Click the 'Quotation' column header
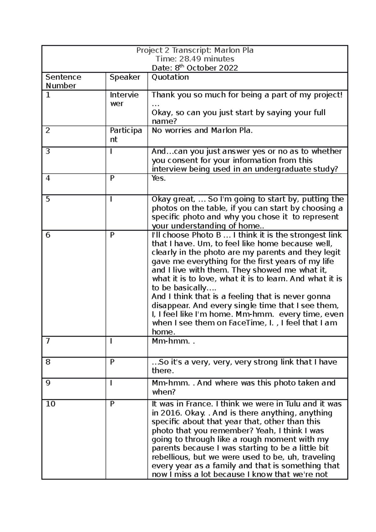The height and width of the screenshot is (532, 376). [x=170, y=77]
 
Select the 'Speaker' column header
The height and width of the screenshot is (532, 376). [x=125, y=77]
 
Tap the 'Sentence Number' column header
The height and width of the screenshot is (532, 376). [x=63, y=81]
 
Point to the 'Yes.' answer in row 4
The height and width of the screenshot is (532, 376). [x=159, y=179]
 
